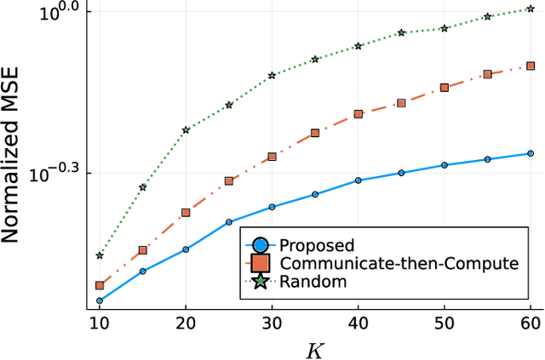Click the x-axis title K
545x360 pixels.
[x=314, y=348]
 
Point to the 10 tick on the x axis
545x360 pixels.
[x=99, y=323]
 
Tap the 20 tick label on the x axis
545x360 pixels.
[x=186, y=323]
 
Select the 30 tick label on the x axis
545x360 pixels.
[x=272, y=323]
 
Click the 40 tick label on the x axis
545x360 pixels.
[x=358, y=323]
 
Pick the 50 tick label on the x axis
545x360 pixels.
[x=444, y=323]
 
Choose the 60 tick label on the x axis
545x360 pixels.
[x=530, y=323]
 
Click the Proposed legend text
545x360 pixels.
[x=316, y=245]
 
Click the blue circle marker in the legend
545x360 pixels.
[x=261, y=245]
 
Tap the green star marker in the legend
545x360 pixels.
[x=261, y=282]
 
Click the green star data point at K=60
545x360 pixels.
[x=530, y=9]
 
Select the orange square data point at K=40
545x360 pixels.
[x=358, y=113]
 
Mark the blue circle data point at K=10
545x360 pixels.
[x=99, y=300]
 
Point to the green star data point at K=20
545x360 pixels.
[x=186, y=130]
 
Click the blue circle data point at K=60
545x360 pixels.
[x=530, y=153]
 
